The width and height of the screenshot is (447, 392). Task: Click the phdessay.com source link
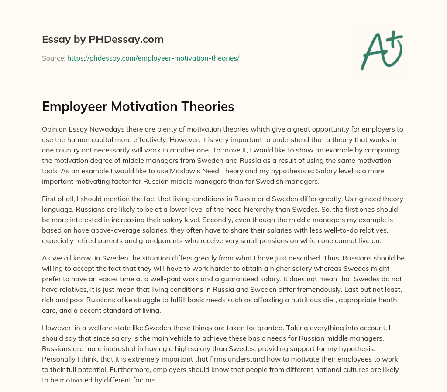tap(153, 58)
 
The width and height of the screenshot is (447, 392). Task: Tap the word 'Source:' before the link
tap(54, 58)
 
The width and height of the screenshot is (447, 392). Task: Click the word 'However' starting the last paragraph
tap(56, 328)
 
